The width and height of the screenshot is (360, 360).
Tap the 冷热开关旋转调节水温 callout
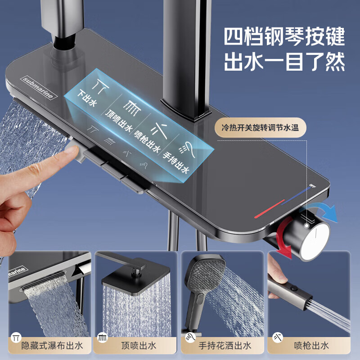coord(261,127)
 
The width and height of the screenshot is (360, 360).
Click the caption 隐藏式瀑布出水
coord(52,346)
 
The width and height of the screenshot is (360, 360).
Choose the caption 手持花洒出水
coord(225,346)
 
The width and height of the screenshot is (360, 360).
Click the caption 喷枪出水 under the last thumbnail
coord(312,346)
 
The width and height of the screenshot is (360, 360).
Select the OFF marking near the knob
coord(312,185)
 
